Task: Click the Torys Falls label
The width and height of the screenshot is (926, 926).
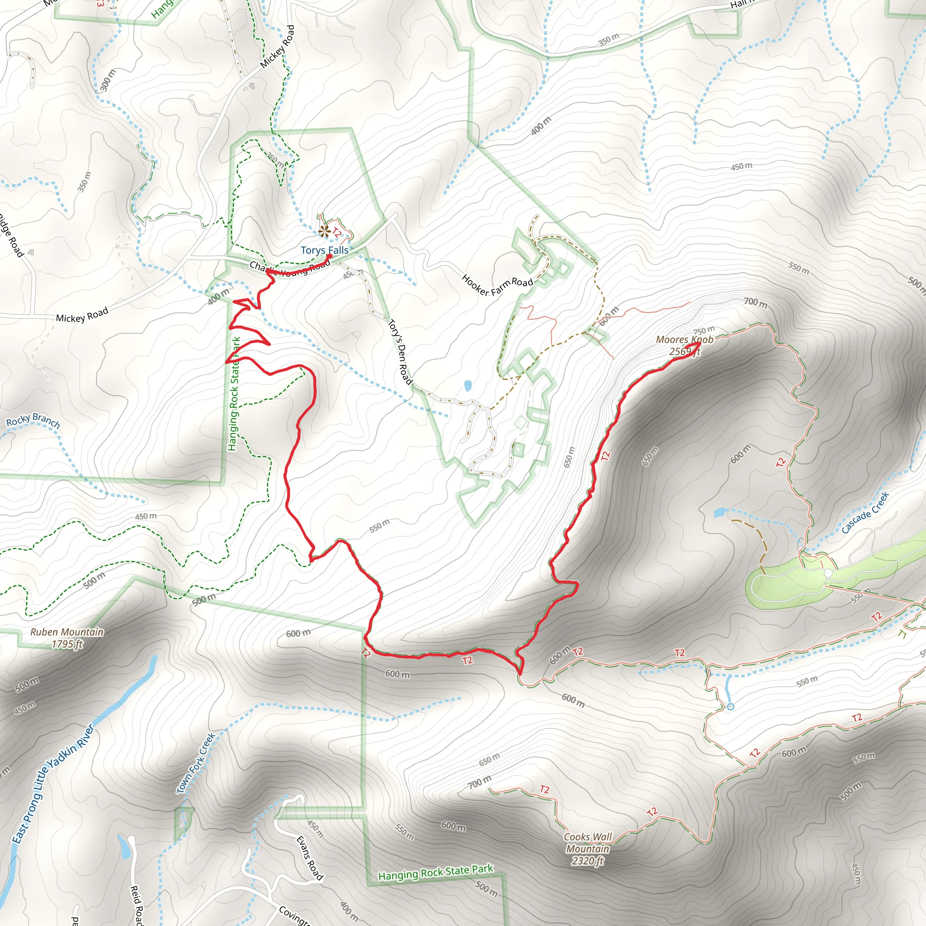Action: tap(325, 250)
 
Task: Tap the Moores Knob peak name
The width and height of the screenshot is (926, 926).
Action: tap(685, 340)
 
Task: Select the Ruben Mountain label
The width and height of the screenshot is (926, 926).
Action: tap(66, 632)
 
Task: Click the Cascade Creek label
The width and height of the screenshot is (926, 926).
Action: tap(865, 512)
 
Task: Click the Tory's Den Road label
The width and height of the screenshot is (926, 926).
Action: tap(400, 352)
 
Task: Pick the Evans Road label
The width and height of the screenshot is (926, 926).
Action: tap(310, 858)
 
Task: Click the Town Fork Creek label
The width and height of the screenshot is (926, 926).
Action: tap(196, 763)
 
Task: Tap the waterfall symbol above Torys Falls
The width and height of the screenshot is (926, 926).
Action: tap(325, 231)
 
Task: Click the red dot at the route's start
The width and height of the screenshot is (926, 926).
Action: tap(330, 256)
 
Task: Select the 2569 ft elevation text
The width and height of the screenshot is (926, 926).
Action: tap(685, 352)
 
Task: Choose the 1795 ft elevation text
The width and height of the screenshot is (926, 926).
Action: tap(67, 644)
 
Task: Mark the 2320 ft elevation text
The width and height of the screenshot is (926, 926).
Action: tap(588, 861)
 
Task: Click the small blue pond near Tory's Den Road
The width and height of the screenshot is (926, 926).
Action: tap(468, 385)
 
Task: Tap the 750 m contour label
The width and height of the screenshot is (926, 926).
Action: tap(704, 330)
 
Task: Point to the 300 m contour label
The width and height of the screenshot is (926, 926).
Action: tap(109, 80)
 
